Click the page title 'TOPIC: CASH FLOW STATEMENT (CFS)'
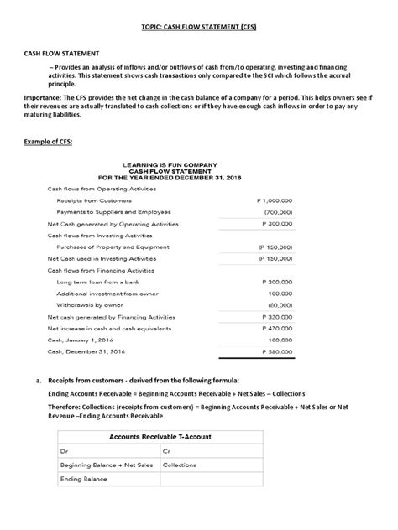coord(199,26)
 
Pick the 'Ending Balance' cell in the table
coord(82,479)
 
